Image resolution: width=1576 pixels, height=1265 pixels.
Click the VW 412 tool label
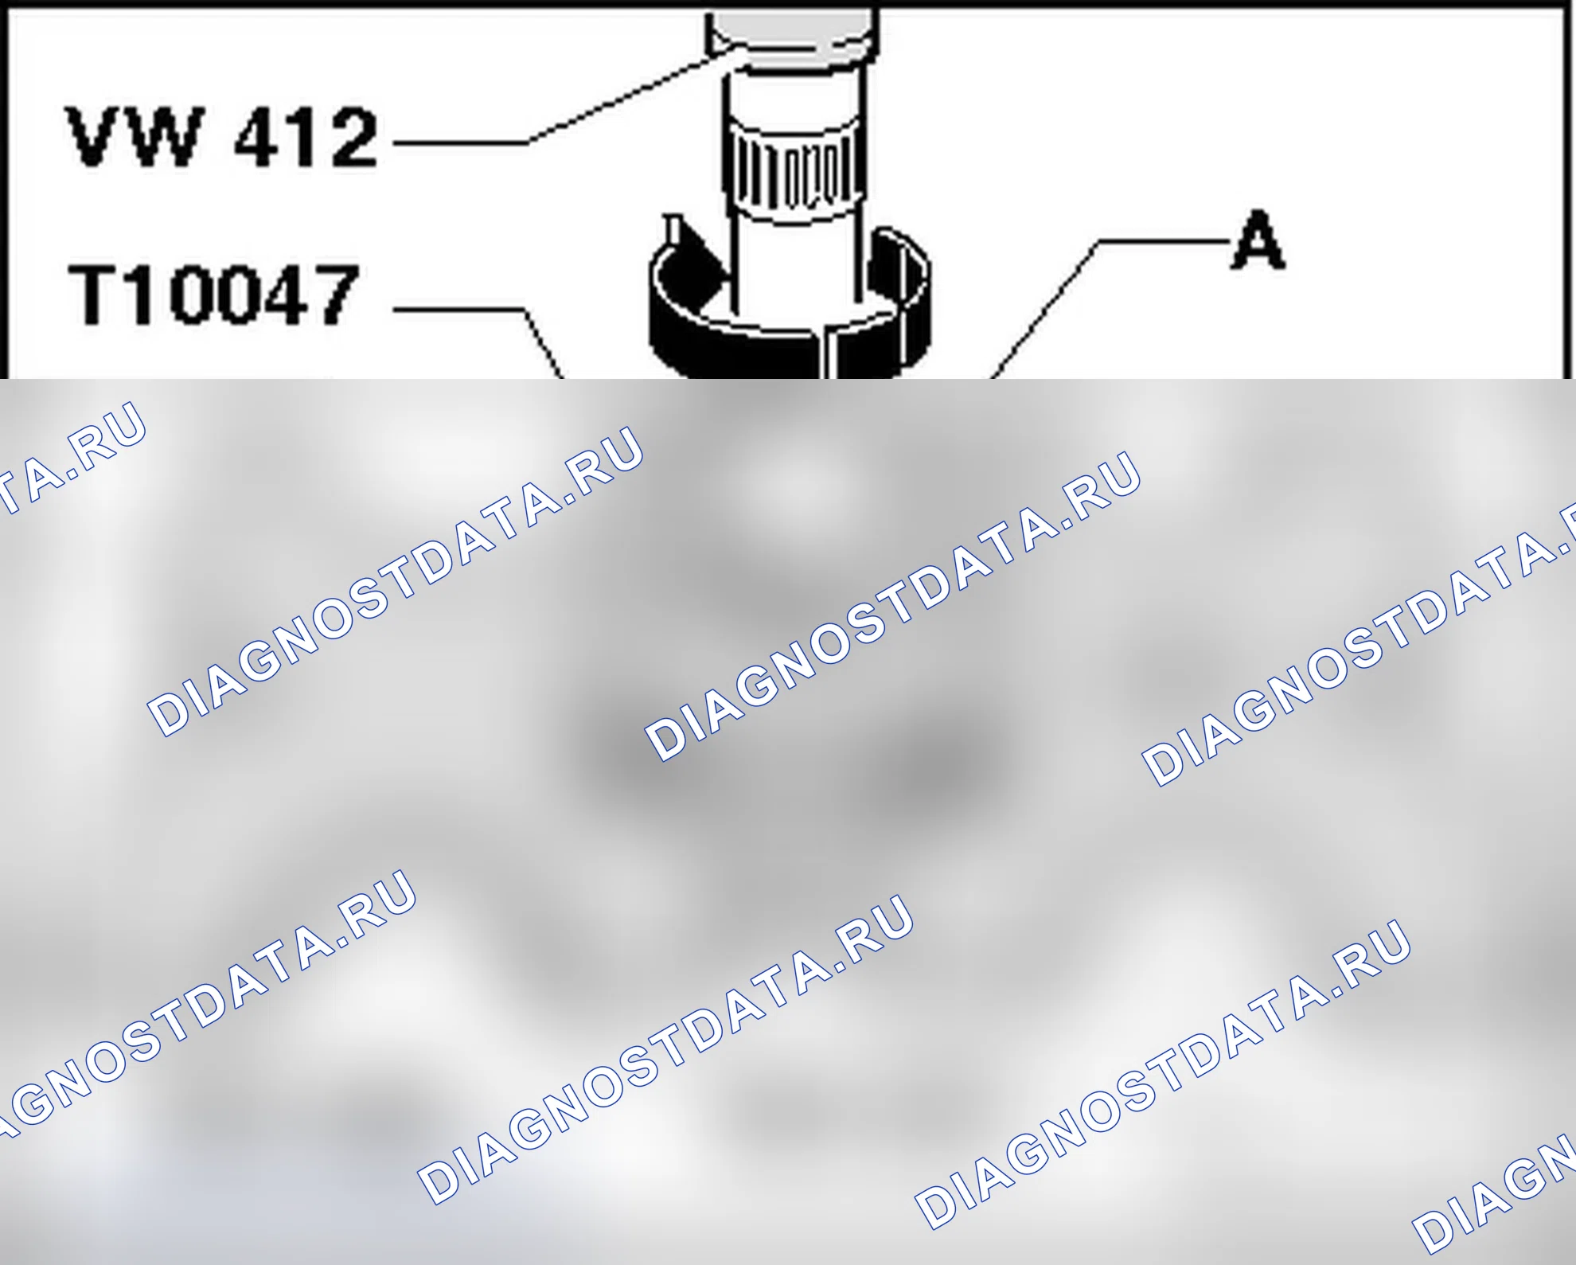222,137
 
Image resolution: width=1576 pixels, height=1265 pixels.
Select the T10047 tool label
214,295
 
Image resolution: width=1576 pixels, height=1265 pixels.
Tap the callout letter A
1258,240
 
